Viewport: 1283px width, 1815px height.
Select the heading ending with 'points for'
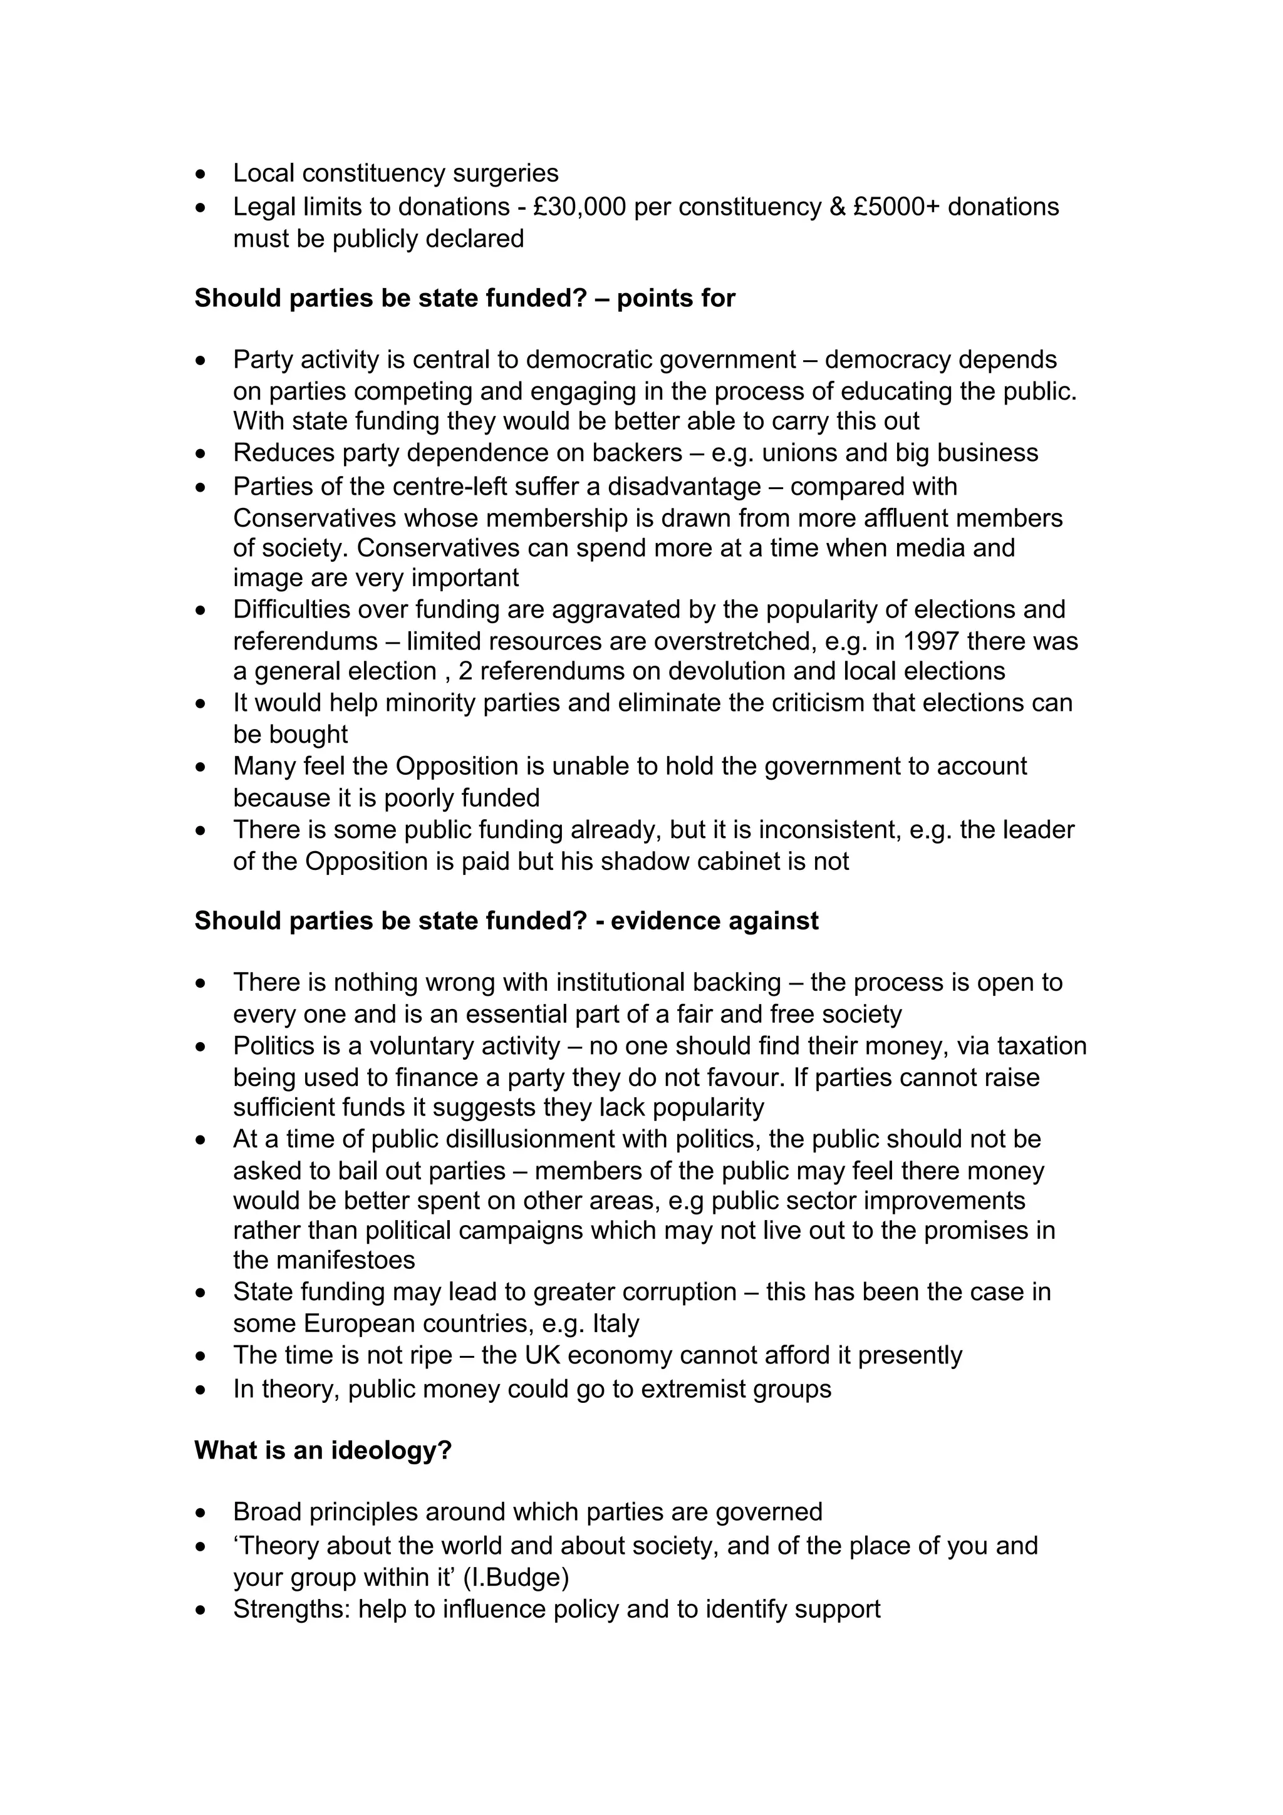(465, 298)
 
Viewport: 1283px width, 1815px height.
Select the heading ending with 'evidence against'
(506, 921)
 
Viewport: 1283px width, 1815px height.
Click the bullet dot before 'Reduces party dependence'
(202, 453)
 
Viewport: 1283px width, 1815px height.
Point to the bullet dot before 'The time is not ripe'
(202, 1357)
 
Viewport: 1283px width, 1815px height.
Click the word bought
(290, 735)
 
